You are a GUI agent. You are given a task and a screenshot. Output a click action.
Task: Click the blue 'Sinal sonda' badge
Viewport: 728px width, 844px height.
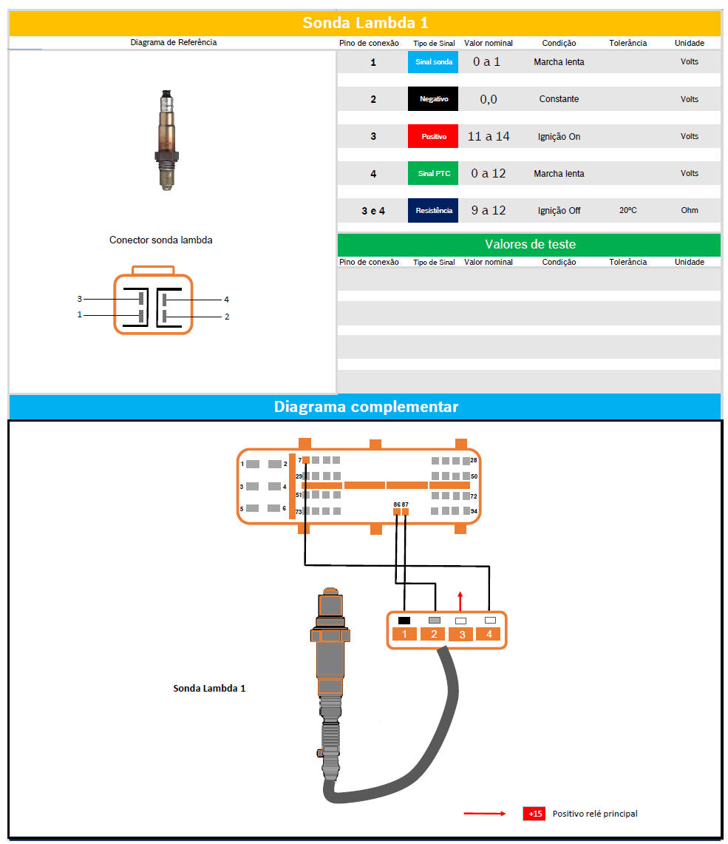pos(433,62)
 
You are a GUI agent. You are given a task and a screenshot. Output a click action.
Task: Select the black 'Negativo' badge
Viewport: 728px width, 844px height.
pos(433,99)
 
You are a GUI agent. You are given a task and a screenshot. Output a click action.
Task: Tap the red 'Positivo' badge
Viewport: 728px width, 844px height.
pos(433,136)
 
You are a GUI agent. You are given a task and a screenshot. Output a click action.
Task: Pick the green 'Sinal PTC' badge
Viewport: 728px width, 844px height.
pos(433,173)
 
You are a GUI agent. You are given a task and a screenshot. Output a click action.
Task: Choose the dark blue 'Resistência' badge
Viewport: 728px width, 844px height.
pos(433,211)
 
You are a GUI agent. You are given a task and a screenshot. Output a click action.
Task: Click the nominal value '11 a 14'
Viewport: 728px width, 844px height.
pos(489,136)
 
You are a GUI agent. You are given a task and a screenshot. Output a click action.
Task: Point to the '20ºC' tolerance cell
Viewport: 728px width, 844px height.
pos(627,211)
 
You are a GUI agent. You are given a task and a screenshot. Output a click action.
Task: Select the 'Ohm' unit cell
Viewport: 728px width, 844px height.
pos(690,211)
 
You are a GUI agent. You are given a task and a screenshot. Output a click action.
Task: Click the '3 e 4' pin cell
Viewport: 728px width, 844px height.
pos(373,211)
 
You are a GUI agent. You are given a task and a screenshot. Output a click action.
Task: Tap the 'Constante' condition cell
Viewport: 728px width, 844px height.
pos(559,99)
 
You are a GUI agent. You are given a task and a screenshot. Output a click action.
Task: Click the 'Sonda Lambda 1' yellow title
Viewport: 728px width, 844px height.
pos(365,23)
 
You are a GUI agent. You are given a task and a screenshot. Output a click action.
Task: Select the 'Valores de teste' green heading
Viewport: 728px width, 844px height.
pos(530,244)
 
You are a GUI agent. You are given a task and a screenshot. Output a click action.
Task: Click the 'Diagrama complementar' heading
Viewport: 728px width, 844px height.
pos(366,406)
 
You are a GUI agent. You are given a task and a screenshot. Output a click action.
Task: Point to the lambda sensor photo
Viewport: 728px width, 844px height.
pos(167,141)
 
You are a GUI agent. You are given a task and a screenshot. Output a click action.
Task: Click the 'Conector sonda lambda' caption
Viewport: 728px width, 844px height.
pos(161,240)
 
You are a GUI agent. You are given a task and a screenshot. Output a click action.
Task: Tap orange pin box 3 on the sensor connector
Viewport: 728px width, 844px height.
pos(462,635)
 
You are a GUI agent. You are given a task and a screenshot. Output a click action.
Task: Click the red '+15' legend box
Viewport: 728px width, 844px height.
pos(534,814)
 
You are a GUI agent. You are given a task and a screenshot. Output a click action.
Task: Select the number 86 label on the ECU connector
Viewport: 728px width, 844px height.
pos(397,504)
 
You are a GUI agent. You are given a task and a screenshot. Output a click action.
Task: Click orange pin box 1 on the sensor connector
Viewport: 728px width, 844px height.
pos(404,634)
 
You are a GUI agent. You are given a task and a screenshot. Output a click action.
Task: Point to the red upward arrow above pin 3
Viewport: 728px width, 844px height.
pos(460,601)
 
